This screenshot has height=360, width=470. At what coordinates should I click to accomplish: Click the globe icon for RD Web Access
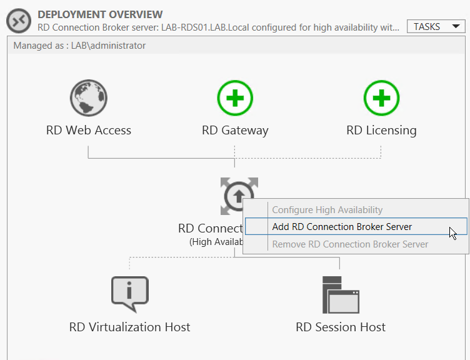[88, 98]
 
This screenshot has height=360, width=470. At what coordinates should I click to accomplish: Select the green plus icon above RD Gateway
[235, 98]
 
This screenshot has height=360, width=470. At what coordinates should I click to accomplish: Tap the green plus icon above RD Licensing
[382, 98]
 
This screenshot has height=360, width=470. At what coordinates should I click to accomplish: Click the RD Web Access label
[89, 131]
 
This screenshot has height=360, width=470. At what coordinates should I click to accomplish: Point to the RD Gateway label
[235, 131]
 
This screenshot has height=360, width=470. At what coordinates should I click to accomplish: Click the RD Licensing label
[381, 131]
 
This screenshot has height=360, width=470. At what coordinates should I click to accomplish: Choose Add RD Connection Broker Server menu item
[342, 227]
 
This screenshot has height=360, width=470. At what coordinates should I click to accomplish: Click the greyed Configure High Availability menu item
[327, 210]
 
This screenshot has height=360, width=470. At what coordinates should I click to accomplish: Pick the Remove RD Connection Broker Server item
[351, 244]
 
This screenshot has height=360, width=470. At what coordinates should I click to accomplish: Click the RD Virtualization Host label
[130, 327]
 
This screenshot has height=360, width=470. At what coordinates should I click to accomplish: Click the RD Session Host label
[341, 327]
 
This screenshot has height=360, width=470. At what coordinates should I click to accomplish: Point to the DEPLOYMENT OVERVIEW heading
[100, 14]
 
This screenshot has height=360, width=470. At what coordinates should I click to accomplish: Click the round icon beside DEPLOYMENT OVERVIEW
[19, 21]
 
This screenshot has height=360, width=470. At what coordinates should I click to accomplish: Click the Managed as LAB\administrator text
[79, 46]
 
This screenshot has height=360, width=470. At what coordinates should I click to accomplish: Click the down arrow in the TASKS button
[456, 27]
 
